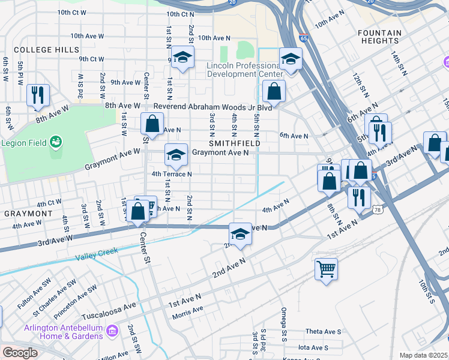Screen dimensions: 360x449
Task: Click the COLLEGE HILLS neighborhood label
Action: [46, 49]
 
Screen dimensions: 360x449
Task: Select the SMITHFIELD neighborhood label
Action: [234, 143]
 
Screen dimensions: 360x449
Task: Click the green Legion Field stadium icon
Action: [56, 142]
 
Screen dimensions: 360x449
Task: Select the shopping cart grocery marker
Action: [326, 268]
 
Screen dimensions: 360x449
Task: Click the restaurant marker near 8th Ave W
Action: [38, 95]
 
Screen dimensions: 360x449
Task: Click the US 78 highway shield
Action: [377, 209]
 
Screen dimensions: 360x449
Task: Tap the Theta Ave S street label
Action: [323, 332]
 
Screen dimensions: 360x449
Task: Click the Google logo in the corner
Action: [20, 353]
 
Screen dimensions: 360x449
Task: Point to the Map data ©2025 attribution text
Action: [424, 355]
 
